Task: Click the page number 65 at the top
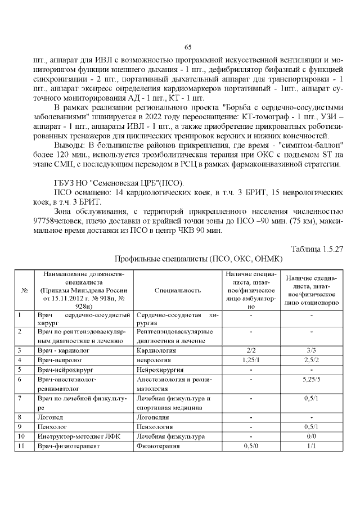tap(188, 47)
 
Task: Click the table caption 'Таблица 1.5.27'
tap(317, 249)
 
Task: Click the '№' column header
tap(25, 290)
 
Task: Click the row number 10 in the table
tap(22, 436)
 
